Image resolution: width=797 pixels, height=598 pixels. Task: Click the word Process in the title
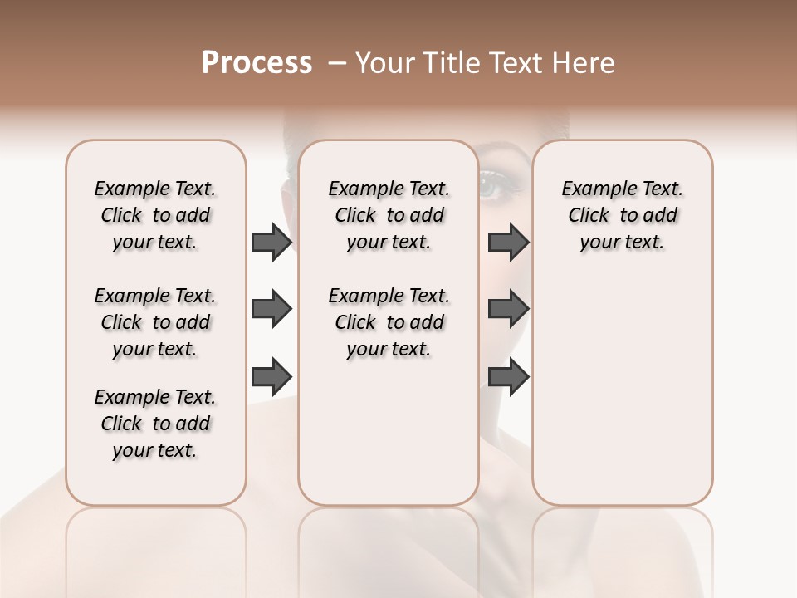click(x=257, y=63)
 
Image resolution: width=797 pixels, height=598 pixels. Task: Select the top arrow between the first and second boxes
click(x=271, y=242)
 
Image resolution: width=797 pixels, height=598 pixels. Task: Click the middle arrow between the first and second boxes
click(x=271, y=310)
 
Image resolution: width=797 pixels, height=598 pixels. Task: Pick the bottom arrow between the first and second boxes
click(x=271, y=376)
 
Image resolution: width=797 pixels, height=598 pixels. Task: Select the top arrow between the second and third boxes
click(x=508, y=242)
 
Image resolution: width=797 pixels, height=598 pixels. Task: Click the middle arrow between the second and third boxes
click(x=508, y=310)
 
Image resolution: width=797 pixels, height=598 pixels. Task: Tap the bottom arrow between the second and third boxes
click(x=508, y=376)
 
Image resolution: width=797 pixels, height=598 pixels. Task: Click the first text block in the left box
click(x=155, y=215)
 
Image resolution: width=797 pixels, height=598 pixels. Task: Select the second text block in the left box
click(x=155, y=322)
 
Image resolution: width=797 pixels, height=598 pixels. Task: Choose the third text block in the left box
click(x=155, y=424)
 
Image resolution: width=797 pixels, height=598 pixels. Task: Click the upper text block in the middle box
click(x=389, y=215)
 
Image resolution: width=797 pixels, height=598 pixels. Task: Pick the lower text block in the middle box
click(x=389, y=322)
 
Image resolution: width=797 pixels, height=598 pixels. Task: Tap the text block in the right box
click(x=622, y=215)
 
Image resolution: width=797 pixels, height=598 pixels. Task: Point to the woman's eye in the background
click(x=491, y=186)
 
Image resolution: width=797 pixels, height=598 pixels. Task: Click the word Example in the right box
click(x=593, y=189)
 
